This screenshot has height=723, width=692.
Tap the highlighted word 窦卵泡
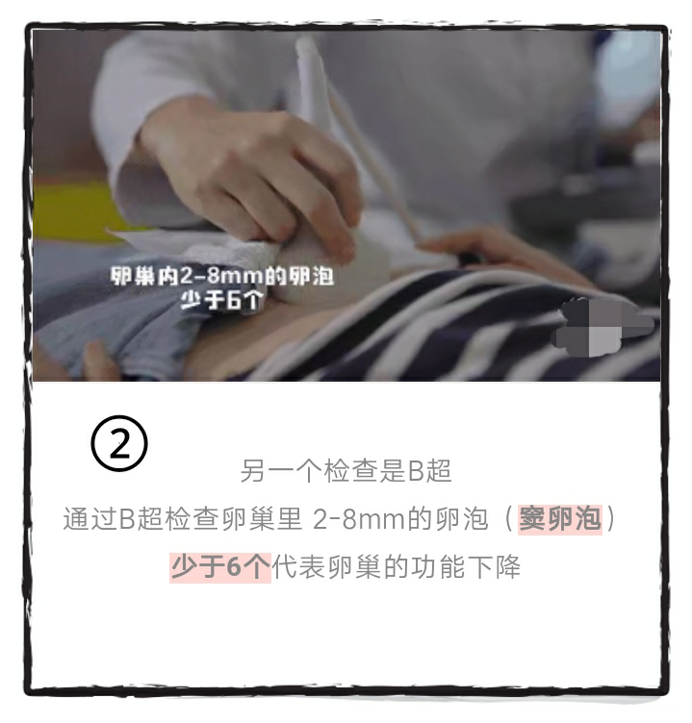point(559,519)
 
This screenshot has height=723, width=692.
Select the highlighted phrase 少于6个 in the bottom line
point(220,566)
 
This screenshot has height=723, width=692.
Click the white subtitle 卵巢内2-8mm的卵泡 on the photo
point(221,277)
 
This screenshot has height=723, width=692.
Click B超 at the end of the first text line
point(429,472)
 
